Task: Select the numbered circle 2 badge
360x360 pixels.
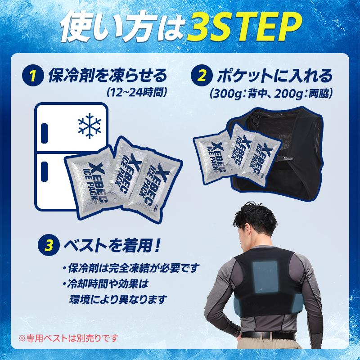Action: click(202, 76)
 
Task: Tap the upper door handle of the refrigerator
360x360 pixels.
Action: click(44, 130)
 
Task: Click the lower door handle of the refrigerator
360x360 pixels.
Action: click(44, 170)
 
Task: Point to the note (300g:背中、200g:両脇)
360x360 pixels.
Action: click(271, 94)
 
